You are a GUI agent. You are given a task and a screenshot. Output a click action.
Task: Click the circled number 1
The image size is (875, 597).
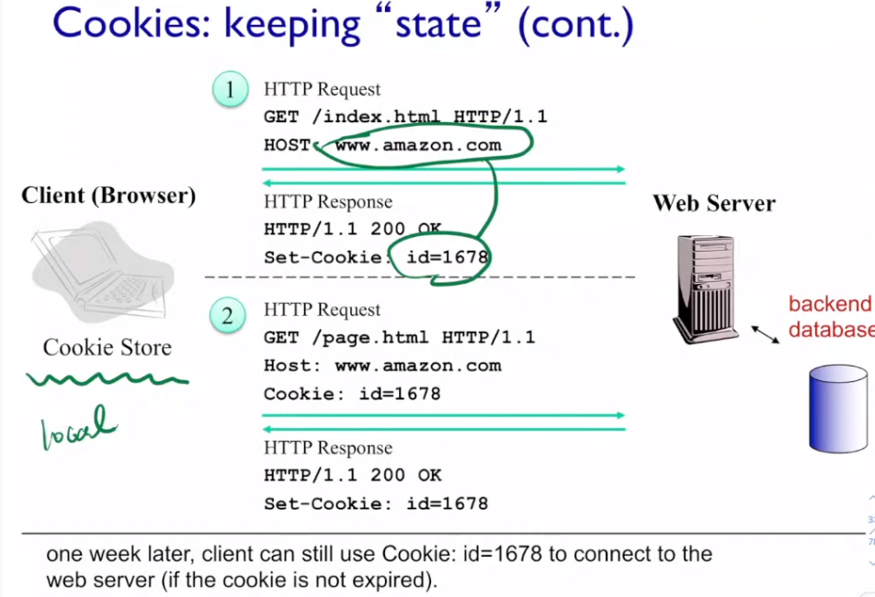pos(231,90)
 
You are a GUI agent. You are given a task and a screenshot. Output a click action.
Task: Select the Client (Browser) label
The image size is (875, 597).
pos(108,196)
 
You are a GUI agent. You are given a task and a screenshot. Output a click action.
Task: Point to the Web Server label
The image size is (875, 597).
pos(714,203)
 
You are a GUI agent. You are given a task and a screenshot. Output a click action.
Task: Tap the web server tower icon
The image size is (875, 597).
pos(706,287)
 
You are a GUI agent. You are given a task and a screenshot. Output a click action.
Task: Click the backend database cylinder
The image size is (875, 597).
pos(837,408)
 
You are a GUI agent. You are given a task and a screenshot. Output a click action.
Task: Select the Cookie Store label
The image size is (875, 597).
pos(107,347)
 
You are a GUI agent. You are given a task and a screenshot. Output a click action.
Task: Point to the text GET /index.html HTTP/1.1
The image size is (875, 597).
pos(405,117)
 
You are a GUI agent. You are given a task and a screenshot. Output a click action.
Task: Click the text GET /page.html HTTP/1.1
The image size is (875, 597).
pos(399,337)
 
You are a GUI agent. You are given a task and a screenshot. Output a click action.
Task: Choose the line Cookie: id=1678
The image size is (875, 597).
pos(352,394)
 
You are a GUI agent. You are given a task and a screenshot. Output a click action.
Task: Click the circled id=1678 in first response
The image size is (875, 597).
pos(447,257)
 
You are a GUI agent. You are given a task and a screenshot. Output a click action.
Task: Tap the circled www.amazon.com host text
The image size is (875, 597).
pos(418,145)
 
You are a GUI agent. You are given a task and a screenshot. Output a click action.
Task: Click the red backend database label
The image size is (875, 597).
pos(831,317)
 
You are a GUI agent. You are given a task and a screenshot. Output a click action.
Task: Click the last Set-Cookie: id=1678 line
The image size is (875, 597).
pos(375,503)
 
